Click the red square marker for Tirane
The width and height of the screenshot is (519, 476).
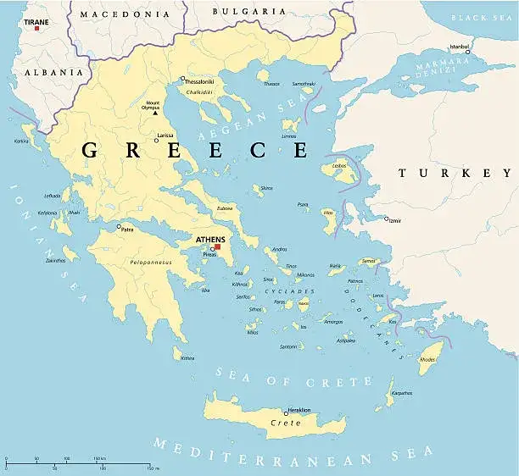click(x=36, y=28)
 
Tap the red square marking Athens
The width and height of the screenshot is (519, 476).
click(x=217, y=246)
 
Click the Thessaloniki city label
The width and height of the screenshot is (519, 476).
click(x=199, y=81)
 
